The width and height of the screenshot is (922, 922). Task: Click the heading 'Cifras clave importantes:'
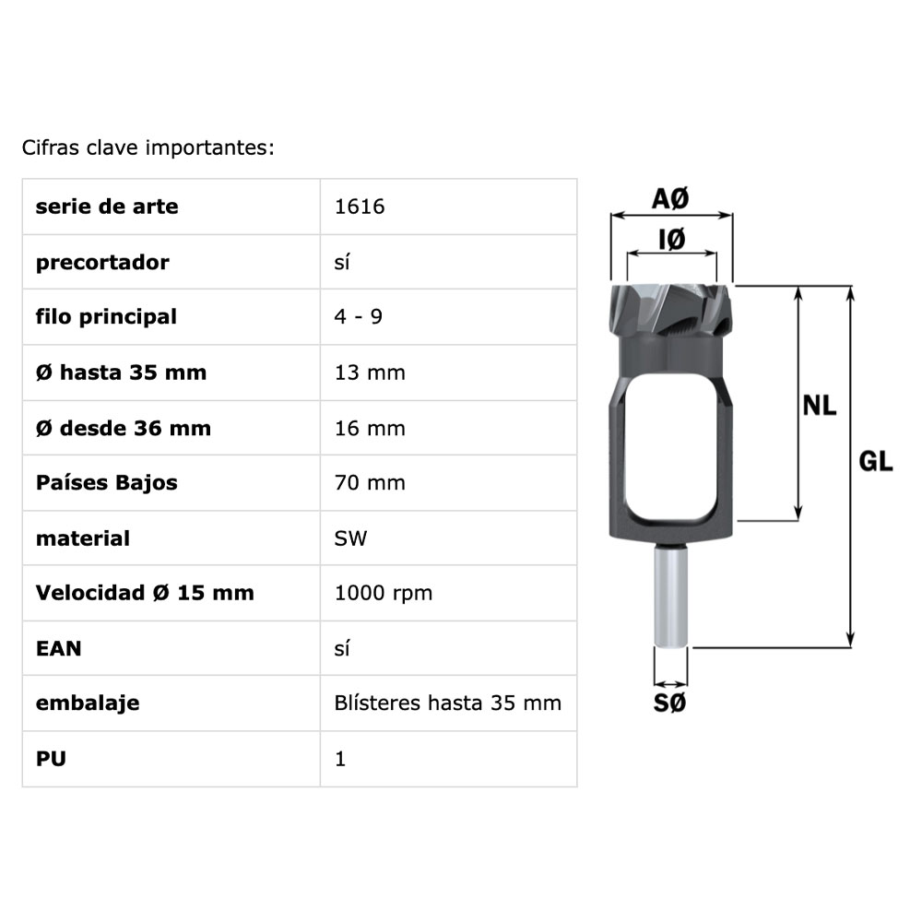pyautogui.click(x=148, y=148)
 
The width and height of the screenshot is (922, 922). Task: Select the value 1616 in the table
pyautogui.click(x=360, y=207)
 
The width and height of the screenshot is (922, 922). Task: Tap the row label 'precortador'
pyautogui.click(x=102, y=262)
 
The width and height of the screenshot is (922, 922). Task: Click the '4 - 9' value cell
pyautogui.click(x=358, y=317)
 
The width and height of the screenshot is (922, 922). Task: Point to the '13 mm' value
pyautogui.click(x=370, y=372)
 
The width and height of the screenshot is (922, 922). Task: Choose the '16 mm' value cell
pyautogui.click(x=370, y=428)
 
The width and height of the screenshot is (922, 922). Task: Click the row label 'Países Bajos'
pyautogui.click(x=106, y=483)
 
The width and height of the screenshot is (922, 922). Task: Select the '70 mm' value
pyautogui.click(x=370, y=483)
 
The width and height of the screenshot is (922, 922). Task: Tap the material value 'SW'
pyautogui.click(x=350, y=538)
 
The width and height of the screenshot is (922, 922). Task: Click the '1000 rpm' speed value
pyautogui.click(x=384, y=593)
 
